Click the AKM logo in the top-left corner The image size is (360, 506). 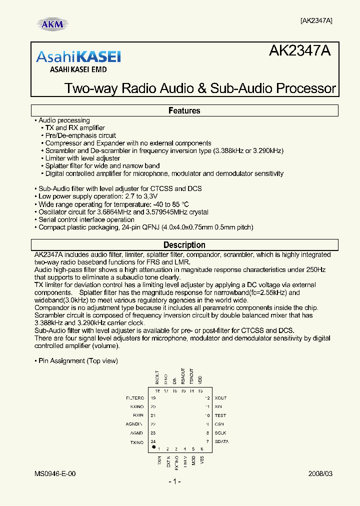52,24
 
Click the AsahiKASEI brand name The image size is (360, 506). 78,56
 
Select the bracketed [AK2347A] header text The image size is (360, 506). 316,20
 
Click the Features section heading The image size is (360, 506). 184,110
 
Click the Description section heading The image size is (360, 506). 184,245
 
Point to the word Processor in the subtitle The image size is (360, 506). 306,88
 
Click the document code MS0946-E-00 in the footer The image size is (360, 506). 55,473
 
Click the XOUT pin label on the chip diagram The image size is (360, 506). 220,398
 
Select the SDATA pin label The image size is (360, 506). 221,442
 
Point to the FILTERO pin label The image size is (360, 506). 134,398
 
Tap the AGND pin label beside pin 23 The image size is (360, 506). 136,433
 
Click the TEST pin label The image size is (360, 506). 220,415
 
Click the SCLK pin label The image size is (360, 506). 220,433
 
